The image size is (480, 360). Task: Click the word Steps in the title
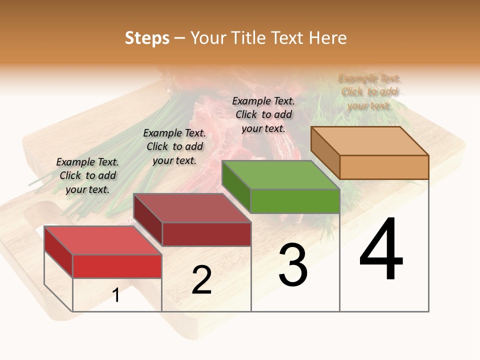pyautogui.click(x=147, y=38)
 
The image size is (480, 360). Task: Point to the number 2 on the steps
pyautogui.click(x=202, y=279)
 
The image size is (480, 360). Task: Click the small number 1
pyautogui.click(x=116, y=295)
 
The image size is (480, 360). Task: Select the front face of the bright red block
pyautogui.click(x=117, y=266)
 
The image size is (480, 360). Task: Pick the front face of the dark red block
pyautogui.click(x=206, y=234)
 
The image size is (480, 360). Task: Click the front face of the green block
pyautogui.click(x=295, y=201)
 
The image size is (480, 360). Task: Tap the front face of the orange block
pyautogui.click(x=384, y=167)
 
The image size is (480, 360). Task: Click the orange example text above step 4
pyautogui.click(x=369, y=92)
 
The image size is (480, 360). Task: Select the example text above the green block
pyautogui.click(x=263, y=114)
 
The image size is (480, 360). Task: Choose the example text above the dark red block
pyautogui.click(x=174, y=146)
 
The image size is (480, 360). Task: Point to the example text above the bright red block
pyautogui.click(x=87, y=175)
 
